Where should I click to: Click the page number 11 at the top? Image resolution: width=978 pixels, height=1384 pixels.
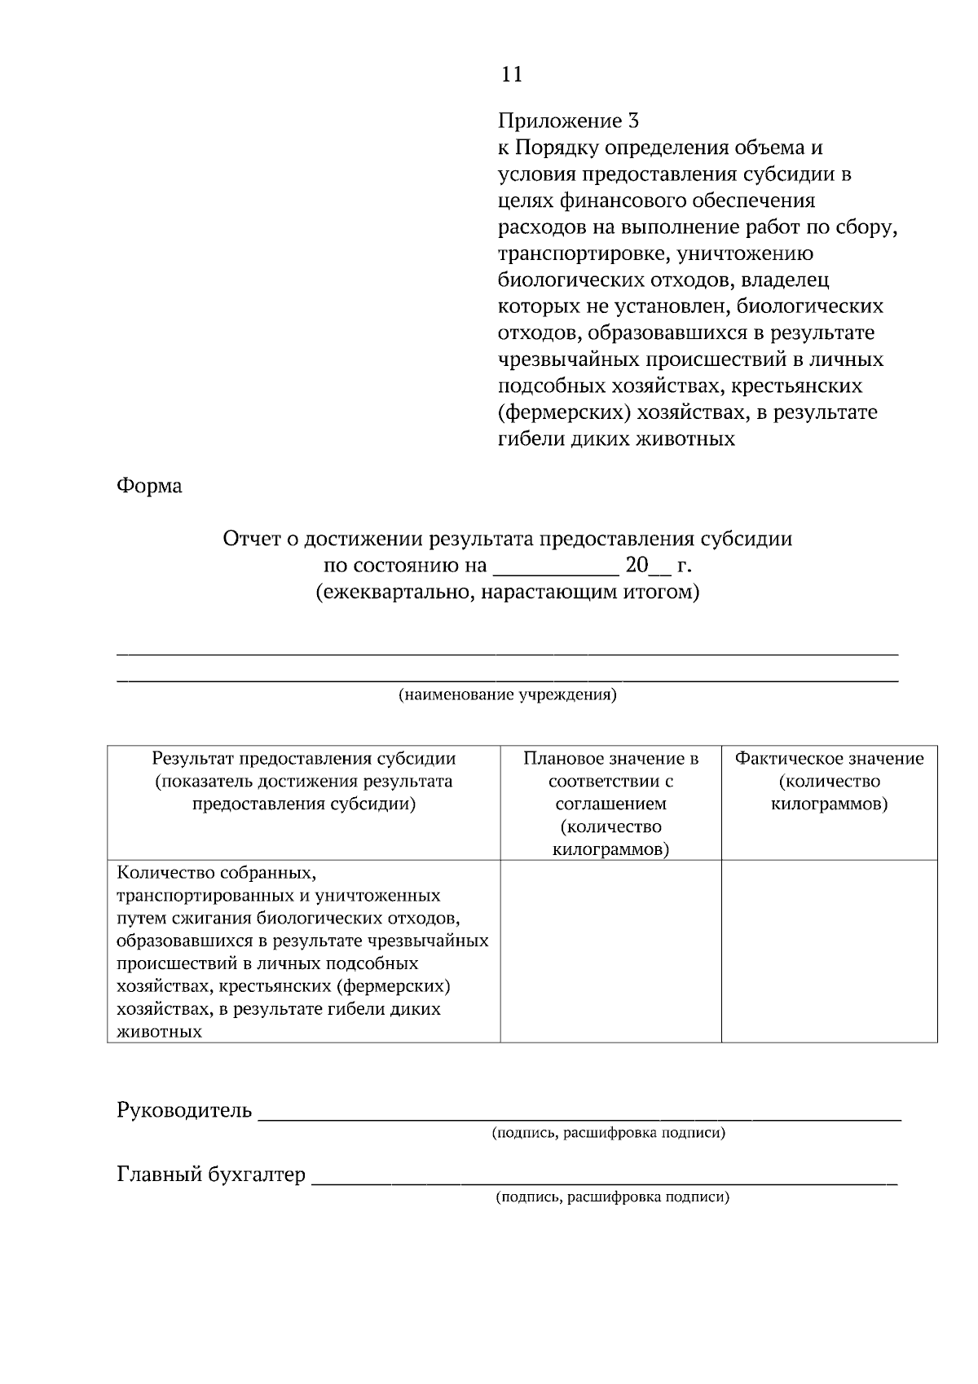(511, 75)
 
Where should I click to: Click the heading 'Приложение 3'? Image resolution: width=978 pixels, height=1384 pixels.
(568, 121)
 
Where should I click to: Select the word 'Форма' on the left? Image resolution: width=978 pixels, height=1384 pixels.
(150, 486)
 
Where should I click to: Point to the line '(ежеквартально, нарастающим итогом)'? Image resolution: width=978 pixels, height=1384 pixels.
(508, 592)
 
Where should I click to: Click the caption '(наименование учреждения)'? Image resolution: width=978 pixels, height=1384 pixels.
(507, 695)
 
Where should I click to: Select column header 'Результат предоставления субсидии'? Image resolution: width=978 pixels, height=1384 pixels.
(304, 759)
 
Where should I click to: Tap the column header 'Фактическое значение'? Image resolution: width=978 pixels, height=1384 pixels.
(829, 759)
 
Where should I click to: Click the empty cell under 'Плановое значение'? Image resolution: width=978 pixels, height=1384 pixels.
(610, 950)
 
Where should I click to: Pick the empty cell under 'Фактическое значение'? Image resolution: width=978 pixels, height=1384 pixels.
(829, 950)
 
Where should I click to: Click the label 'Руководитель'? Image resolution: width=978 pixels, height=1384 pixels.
(185, 1110)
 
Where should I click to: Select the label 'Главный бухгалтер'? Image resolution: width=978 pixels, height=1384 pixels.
(212, 1175)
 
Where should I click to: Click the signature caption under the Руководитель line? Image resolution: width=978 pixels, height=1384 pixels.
(608, 1133)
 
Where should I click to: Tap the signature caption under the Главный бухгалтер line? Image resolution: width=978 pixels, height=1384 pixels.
(612, 1197)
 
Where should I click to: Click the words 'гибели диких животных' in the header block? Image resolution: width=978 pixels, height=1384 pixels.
(616, 439)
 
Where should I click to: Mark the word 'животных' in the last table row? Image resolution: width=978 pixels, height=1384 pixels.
(160, 1032)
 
